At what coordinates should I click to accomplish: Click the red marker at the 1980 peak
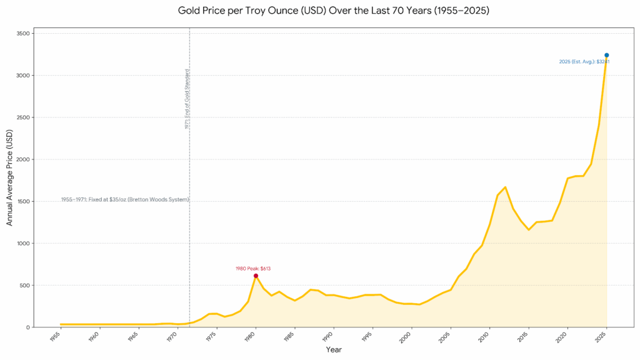pos(256,276)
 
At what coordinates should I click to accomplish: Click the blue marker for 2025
pos(606,55)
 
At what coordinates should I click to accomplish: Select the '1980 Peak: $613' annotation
pos(253,269)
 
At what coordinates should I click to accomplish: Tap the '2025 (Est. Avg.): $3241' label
pos(584,62)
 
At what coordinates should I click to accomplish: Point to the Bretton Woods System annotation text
pos(125,199)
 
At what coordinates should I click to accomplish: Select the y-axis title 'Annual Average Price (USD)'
pos(9,178)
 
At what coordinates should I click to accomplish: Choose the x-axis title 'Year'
pos(333,350)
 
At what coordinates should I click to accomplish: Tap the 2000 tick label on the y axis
pos(22,159)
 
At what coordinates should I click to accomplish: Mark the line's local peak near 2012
pos(505,187)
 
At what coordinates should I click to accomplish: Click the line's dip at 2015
pos(528,229)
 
